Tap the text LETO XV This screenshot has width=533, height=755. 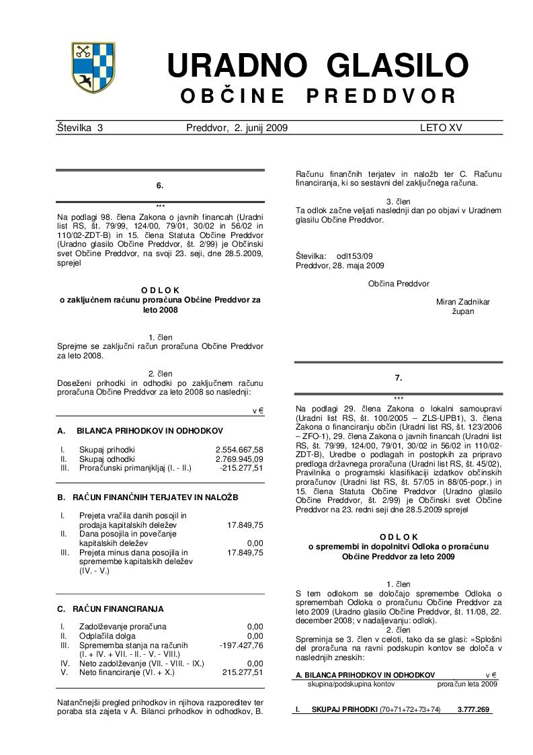point(441,127)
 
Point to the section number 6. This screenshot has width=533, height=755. point(160,185)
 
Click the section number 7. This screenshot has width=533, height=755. point(398,379)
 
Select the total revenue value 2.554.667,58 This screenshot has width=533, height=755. point(239,449)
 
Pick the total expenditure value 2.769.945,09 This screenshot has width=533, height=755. point(239,459)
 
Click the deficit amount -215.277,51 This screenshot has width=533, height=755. point(241,467)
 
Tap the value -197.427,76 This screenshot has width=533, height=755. point(241,645)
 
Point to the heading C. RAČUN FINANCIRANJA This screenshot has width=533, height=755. point(110,609)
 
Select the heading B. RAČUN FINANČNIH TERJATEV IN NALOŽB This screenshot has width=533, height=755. point(147,498)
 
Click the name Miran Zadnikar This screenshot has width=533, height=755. point(463,302)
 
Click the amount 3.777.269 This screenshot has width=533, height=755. point(473,709)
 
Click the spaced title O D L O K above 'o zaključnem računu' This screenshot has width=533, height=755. point(160,290)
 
